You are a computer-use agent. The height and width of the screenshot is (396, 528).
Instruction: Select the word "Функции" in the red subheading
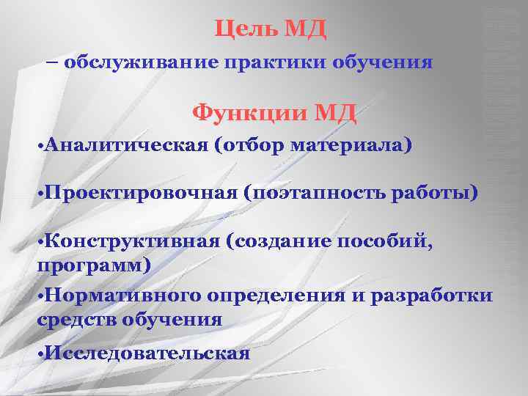(248, 114)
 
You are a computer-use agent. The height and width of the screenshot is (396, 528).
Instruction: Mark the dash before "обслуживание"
(53, 62)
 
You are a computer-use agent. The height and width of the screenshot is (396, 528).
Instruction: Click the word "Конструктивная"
(135, 242)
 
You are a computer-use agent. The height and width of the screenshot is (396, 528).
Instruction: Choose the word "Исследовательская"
(147, 353)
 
